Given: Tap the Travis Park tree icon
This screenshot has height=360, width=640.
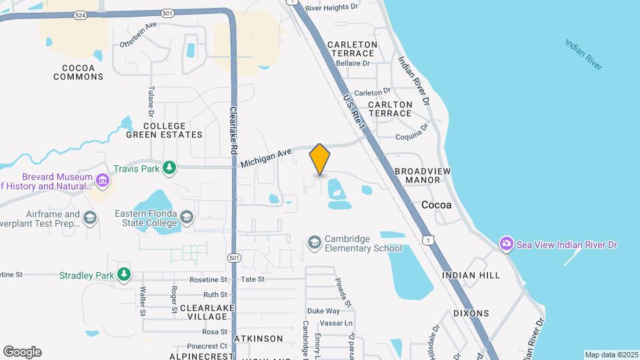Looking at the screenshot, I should click(x=170, y=168).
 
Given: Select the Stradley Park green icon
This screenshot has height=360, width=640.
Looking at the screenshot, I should click(x=123, y=273).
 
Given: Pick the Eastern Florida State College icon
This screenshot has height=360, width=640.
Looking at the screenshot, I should click(x=187, y=217).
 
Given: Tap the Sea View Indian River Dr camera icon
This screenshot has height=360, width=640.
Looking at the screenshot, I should click(x=507, y=245).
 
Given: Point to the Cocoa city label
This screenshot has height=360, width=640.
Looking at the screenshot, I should click(x=436, y=205).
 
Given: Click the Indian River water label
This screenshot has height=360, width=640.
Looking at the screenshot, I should click(x=583, y=55).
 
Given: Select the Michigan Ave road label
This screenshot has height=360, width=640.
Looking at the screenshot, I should click(x=267, y=157).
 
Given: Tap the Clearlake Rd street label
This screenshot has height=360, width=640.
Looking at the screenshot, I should click(x=233, y=131).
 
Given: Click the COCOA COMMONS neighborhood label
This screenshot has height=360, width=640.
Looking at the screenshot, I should click(x=79, y=72).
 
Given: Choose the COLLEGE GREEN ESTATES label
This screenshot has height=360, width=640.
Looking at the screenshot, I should click(x=164, y=130).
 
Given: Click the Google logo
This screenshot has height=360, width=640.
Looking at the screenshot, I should click(x=23, y=352).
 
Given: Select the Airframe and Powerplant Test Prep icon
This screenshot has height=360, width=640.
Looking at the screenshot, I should click(x=90, y=217).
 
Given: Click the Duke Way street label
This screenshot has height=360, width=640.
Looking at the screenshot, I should click(x=323, y=311).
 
